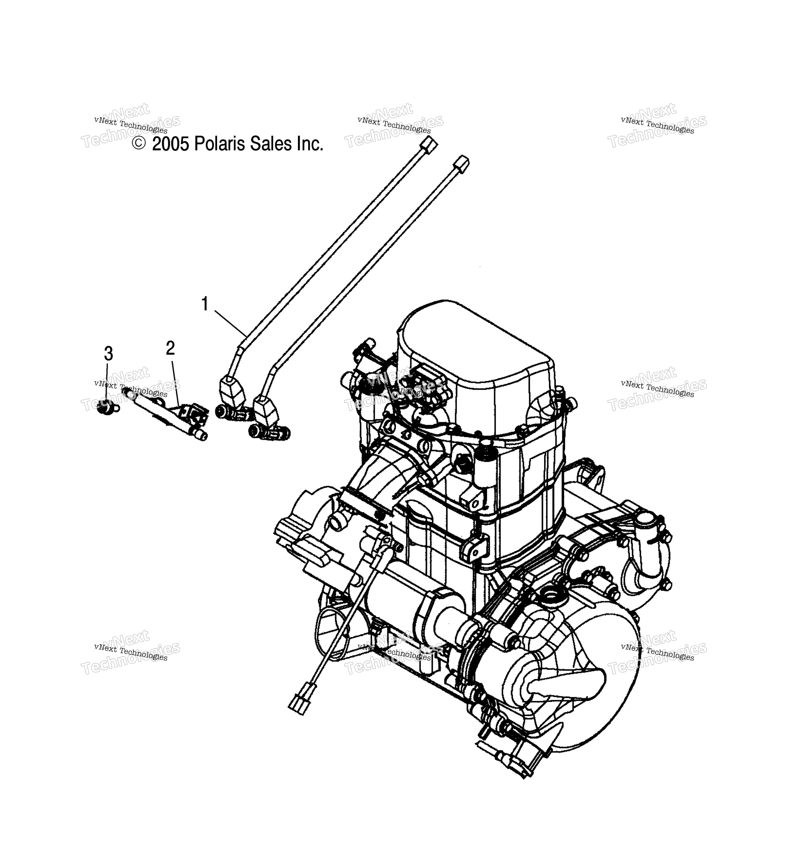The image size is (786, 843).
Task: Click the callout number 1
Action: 205,304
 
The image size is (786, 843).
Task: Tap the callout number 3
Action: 108,353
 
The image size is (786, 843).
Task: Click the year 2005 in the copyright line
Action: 170,144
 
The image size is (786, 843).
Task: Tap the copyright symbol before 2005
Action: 139,143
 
